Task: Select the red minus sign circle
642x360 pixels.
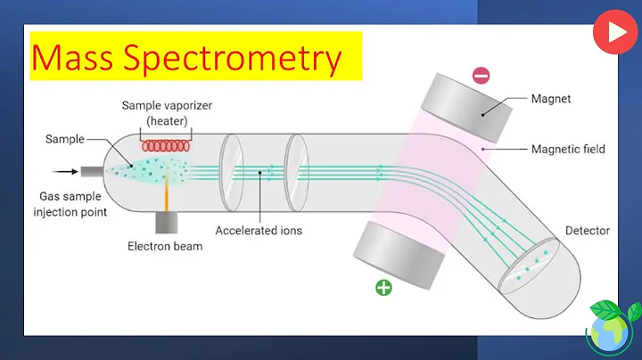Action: click(x=481, y=76)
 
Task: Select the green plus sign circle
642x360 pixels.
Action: click(x=383, y=288)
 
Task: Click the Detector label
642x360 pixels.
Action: click(x=587, y=231)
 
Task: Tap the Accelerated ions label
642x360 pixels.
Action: click(x=259, y=231)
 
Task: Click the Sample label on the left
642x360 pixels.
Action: click(x=66, y=140)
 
